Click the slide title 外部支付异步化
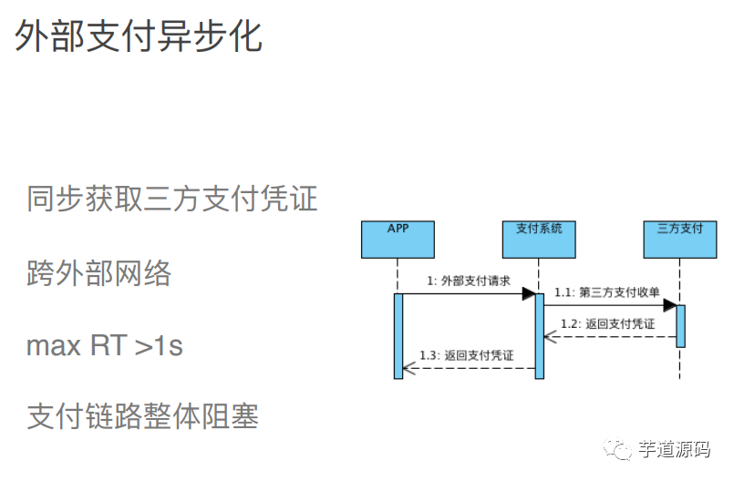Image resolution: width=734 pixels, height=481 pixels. pos(139,36)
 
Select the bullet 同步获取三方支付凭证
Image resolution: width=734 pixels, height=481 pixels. pos(171,198)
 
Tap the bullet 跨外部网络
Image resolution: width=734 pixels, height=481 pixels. pos(98,272)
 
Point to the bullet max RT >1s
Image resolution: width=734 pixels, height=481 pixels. pos(105,345)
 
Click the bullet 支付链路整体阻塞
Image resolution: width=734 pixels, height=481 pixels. pos(142,416)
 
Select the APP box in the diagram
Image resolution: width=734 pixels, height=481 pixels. pos(398,239)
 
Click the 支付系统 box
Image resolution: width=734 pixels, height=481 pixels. pos(539,239)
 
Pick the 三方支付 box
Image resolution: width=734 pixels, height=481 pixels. pos(679,239)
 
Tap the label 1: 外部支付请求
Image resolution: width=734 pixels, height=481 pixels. pos(468,281)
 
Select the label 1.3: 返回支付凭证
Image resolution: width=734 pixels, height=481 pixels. pos(467,355)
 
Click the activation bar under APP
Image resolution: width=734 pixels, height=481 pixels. pos(398,335)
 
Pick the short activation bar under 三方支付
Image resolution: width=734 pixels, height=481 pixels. pos(680,325)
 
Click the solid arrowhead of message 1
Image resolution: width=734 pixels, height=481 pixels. pos(528,293)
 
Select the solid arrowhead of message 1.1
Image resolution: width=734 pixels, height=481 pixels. pos(669,305)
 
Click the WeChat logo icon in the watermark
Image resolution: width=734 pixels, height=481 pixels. pos(621,450)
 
